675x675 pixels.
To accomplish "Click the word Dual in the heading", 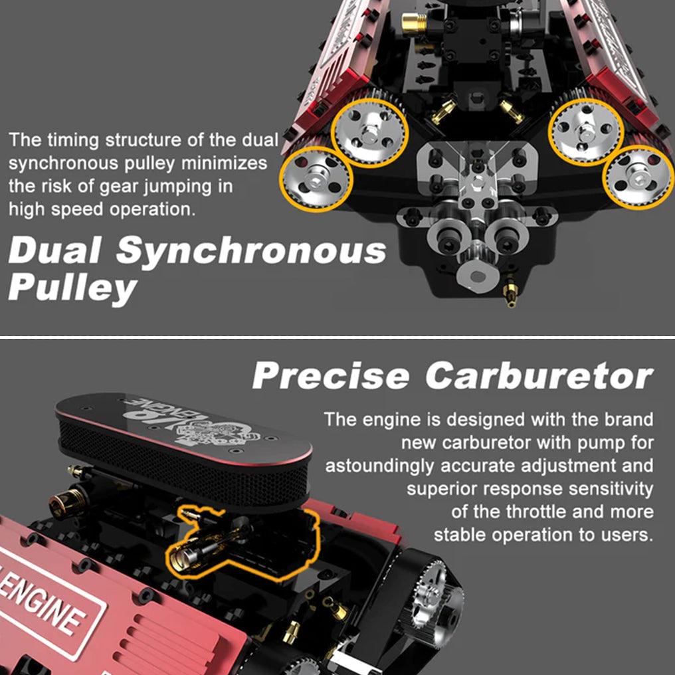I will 55,252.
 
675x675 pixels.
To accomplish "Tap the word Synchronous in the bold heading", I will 250,251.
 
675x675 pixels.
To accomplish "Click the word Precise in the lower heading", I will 330,376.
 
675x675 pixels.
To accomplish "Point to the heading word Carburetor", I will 539,376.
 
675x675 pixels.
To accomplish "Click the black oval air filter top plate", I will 183,429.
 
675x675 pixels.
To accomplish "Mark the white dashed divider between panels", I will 337,337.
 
